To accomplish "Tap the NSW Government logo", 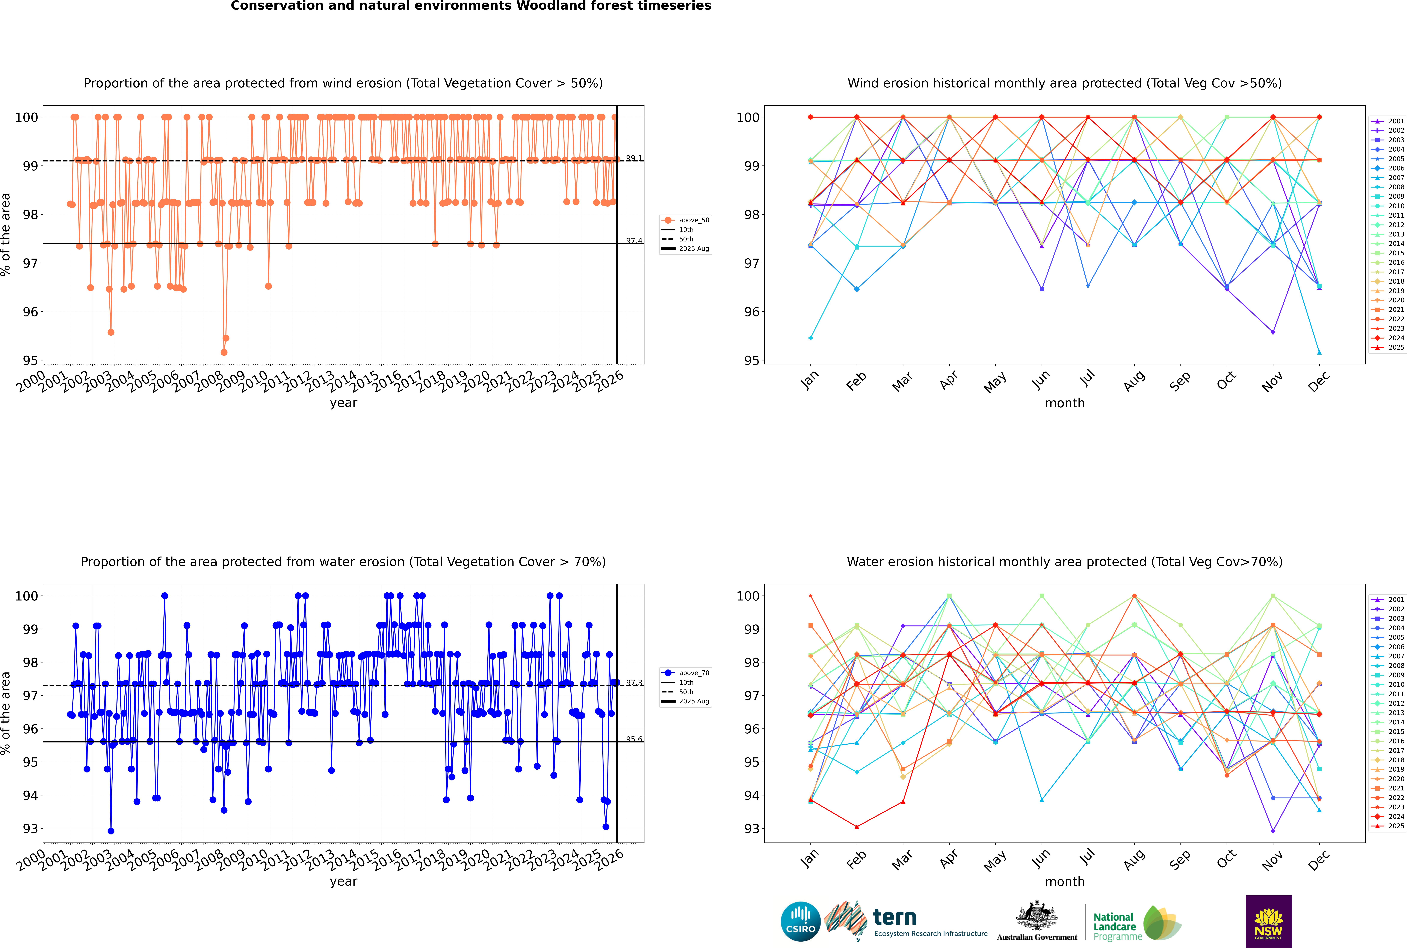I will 1268,921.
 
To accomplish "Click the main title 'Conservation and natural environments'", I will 471,6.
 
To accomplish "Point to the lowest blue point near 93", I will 111,831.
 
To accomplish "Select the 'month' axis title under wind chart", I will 1065,403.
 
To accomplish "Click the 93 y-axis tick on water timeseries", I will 30,829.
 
